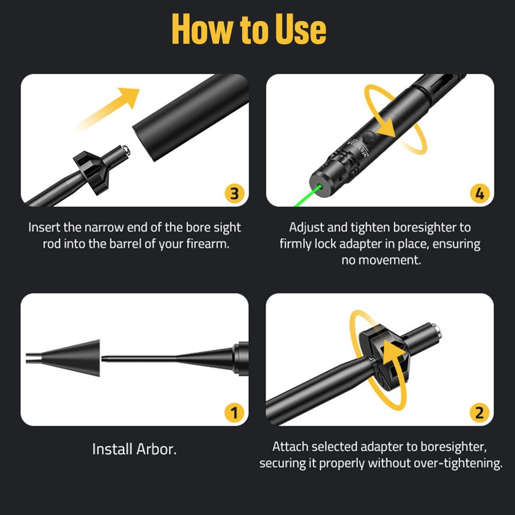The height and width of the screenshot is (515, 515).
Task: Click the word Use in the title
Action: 301,29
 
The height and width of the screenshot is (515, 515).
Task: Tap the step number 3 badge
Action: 234,194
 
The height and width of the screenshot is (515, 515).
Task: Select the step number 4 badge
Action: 480,194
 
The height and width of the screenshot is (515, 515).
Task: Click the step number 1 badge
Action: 234,413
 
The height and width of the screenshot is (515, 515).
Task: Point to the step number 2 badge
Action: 479,413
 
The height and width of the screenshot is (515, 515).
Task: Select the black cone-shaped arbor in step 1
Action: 70,358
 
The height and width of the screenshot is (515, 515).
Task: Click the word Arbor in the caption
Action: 157,449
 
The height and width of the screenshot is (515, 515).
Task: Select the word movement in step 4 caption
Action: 389,260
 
